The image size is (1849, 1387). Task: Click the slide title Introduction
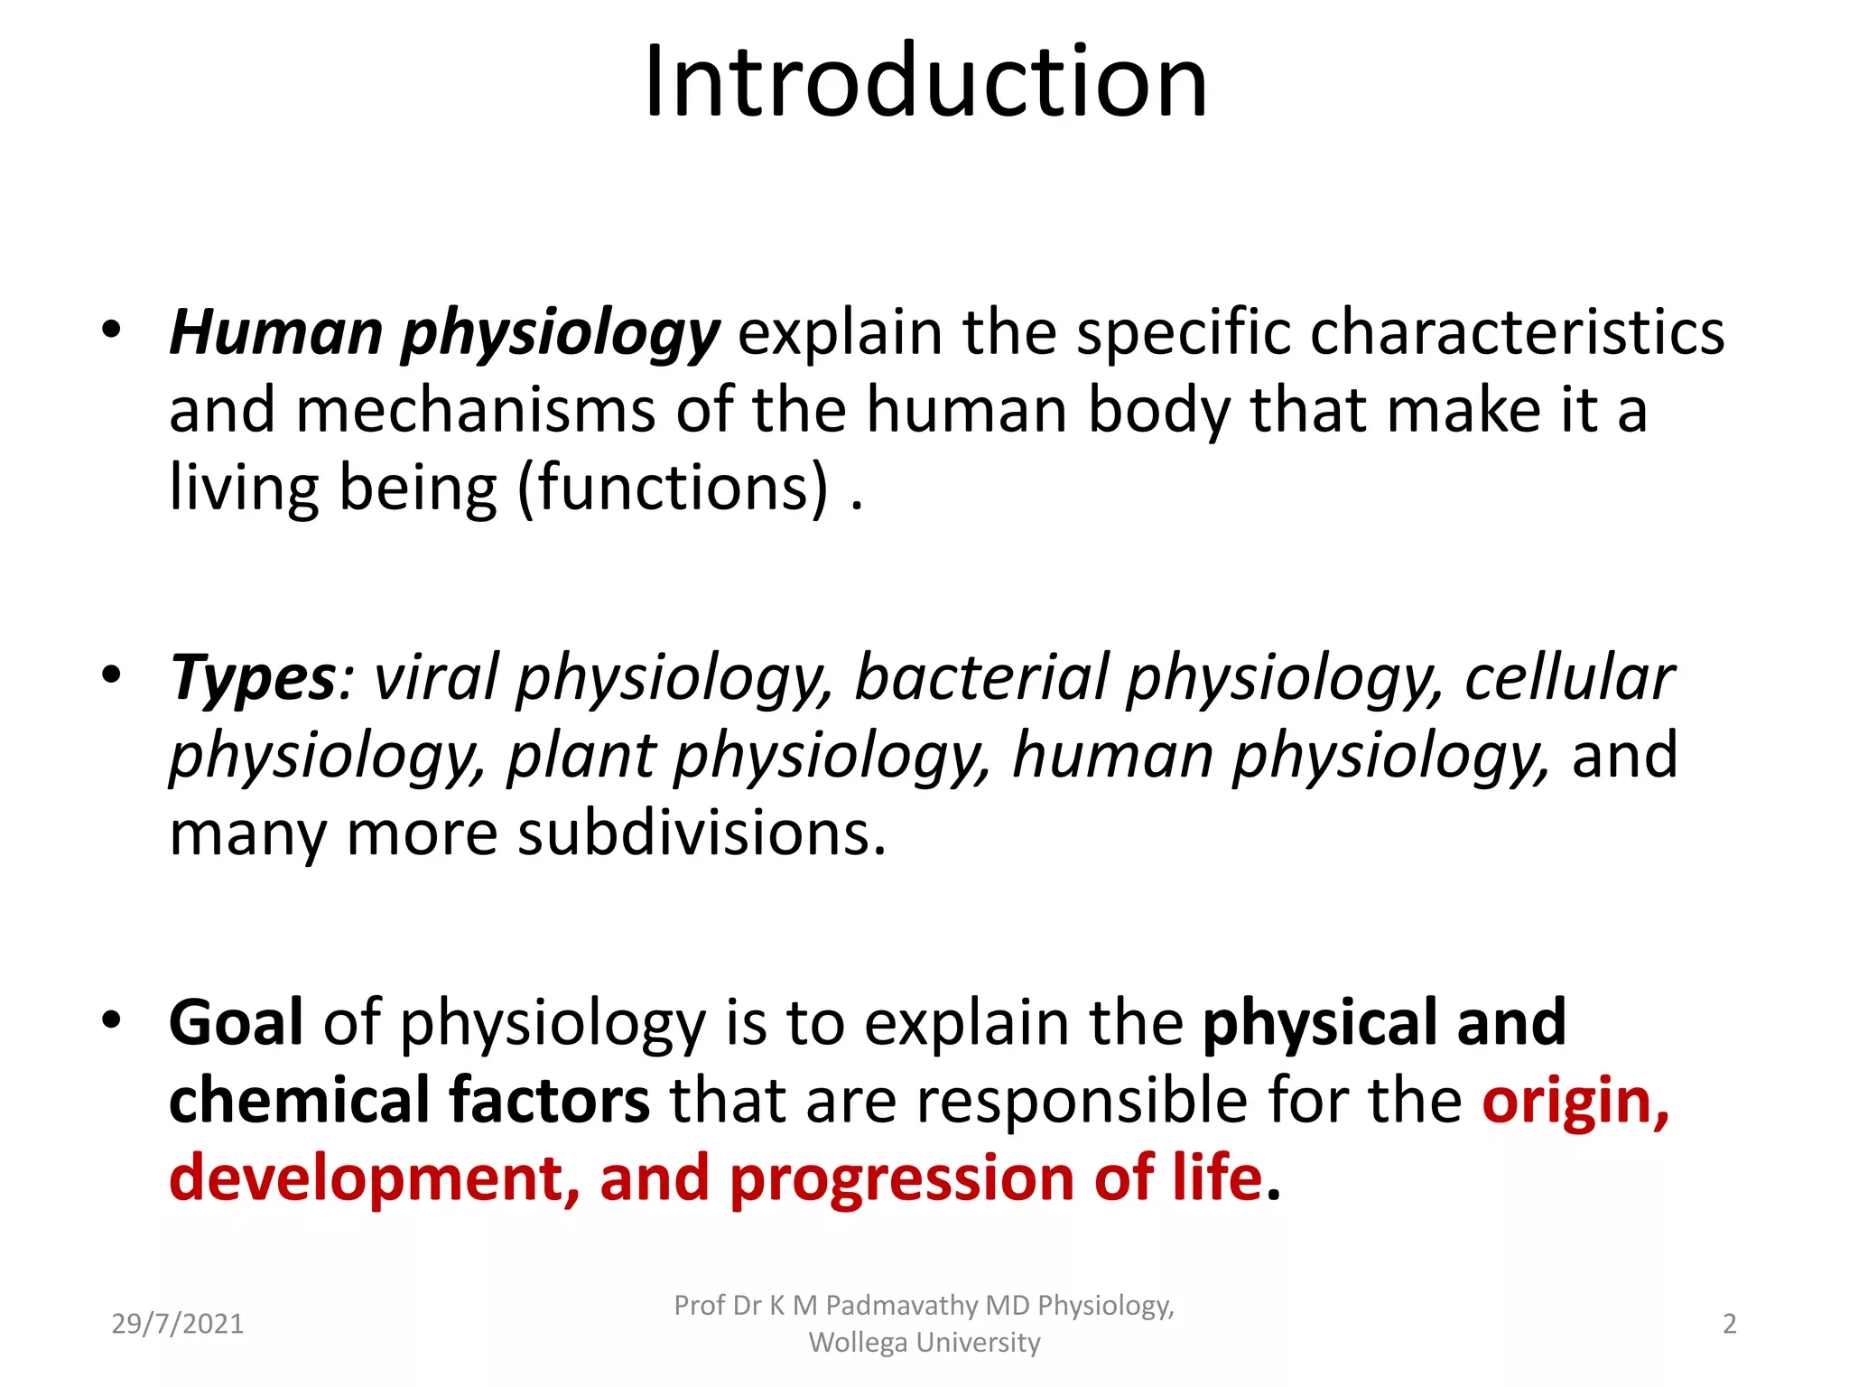925,83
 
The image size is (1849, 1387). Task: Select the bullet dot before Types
111,675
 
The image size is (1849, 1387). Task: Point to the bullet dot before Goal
111,1020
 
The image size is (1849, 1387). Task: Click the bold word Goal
236,1023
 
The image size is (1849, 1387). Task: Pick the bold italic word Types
253,679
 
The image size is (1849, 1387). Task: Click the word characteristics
1517,332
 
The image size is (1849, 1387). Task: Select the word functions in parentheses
673,489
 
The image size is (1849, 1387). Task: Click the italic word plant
581,756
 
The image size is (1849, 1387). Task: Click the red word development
366,1179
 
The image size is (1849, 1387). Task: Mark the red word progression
901,1179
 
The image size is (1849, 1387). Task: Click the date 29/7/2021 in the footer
178,1324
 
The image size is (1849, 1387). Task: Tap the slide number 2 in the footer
1729,1324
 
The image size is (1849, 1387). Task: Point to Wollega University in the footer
924,1343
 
